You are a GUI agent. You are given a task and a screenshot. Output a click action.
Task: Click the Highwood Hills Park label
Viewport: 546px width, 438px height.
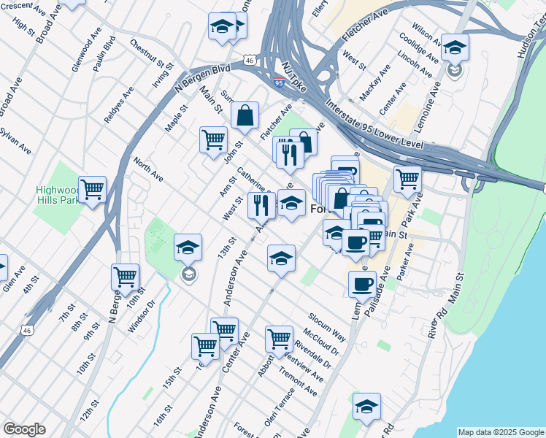pyautogui.click(x=58, y=195)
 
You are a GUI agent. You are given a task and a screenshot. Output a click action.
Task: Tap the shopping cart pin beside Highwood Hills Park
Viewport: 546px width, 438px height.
pyautogui.click(x=93, y=190)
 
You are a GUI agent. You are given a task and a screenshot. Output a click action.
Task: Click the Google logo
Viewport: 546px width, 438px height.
pyautogui.click(x=24, y=429)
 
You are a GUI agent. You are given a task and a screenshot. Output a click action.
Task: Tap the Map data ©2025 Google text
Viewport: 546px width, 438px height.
pyautogui.click(x=501, y=432)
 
